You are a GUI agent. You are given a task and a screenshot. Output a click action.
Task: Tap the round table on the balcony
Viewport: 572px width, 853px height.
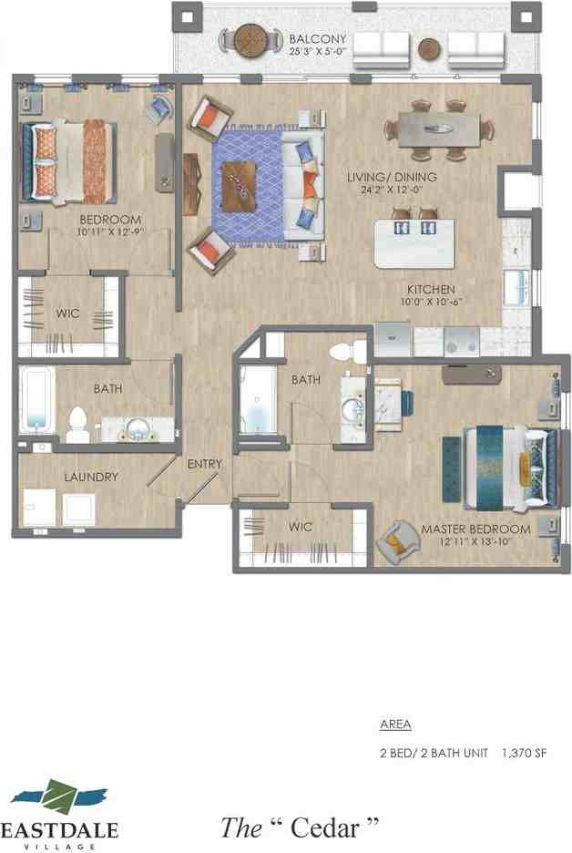(x=251, y=40)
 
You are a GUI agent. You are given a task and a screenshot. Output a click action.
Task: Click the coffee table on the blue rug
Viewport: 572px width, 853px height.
(x=240, y=186)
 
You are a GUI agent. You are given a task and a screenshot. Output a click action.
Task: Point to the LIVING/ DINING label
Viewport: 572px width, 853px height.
(x=392, y=177)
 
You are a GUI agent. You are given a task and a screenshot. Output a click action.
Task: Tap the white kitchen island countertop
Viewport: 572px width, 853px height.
(x=414, y=243)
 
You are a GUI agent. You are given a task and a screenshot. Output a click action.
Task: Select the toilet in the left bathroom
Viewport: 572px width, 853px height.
(x=77, y=423)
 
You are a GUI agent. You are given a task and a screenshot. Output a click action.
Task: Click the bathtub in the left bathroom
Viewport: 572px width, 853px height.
(x=36, y=399)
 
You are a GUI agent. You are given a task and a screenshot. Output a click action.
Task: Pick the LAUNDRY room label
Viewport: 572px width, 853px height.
(x=90, y=477)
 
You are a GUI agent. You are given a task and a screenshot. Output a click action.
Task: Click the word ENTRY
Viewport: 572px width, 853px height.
(x=205, y=464)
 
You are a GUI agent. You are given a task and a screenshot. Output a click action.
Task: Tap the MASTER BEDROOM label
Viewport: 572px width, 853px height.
(x=475, y=529)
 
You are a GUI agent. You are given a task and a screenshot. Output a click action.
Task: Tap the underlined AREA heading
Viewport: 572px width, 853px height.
(x=394, y=725)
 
